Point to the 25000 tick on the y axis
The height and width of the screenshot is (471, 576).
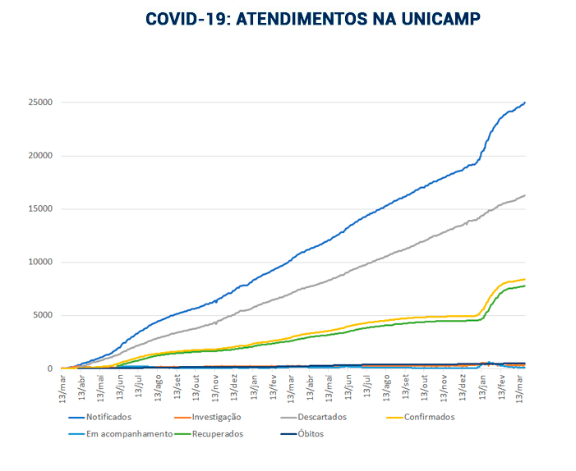(39, 103)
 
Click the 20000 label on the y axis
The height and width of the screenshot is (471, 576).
(39, 156)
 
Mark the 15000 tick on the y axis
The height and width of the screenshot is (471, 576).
(39, 209)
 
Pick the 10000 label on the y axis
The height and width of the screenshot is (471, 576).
(39, 263)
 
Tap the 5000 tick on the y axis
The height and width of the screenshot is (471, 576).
(42, 316)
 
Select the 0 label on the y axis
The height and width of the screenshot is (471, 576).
(50, 369)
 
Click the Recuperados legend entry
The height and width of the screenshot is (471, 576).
(216, 434)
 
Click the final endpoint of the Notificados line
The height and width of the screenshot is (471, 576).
(525, 103)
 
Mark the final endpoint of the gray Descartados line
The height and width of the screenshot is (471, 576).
(525, 195)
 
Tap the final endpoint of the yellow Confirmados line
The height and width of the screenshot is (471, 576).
(525, 279)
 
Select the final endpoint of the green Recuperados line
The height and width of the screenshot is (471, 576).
(525, 286)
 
